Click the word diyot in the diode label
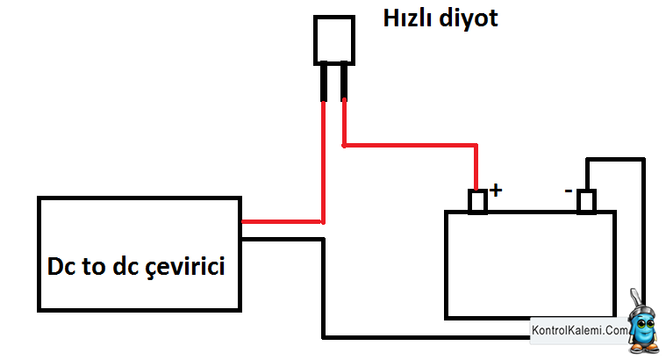click(x=468, y=19)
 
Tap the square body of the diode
click(x=334, y=40)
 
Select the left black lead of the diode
click(x=324, y=82)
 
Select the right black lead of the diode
click(x=344, y=82)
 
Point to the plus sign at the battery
click(x=496, y=190)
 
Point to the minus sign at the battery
click(x=569, y=191)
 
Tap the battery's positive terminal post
click(x=477, y=201)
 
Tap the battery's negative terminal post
click(x=586, y=201)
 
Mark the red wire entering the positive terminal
click(x=476, y=168)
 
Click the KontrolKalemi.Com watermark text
click(x=580, y=330)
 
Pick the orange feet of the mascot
click(x=645, y=349)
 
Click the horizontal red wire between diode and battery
click(x=411, y=146)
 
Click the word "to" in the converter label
click(x=93, y=267)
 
